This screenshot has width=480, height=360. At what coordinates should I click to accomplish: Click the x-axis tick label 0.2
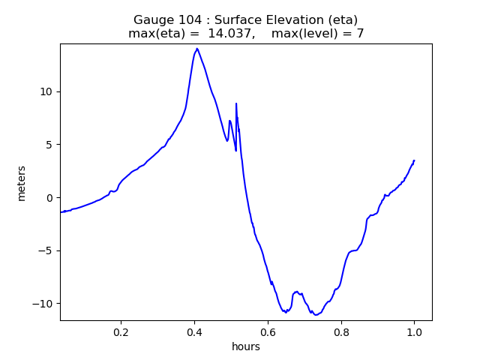click(x=121, y=332)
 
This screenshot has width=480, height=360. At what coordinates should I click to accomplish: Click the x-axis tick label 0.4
click(x=194, y=332)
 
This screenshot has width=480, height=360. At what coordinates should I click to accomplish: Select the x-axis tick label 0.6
click(x=268, y=332)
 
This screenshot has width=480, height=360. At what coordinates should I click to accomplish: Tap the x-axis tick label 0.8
click(x=340, y=332)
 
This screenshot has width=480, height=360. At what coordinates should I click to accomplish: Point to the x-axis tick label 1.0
click(x=414, y=332)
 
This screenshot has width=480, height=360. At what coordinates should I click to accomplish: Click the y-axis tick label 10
click(x=46, y=91)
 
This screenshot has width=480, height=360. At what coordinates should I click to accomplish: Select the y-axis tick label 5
click(x=49, y=145)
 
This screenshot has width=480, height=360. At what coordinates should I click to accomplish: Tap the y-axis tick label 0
click(x=49, y=198)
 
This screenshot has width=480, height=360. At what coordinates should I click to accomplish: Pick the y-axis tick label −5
click(x=46, y=250)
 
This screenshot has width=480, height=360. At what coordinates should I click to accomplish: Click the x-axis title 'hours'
click(x=246, y=347)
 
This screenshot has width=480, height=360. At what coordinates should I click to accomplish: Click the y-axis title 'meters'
click(x=21, y=183)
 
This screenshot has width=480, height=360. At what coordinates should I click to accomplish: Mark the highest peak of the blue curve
click(x=197, y=49)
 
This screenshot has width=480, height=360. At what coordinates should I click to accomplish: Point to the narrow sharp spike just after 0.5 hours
click(x=236, y=104)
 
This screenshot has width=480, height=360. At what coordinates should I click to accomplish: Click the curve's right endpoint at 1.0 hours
click(x=414, y=160)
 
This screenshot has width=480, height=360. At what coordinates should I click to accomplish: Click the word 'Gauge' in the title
click(x=153, y=20)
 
